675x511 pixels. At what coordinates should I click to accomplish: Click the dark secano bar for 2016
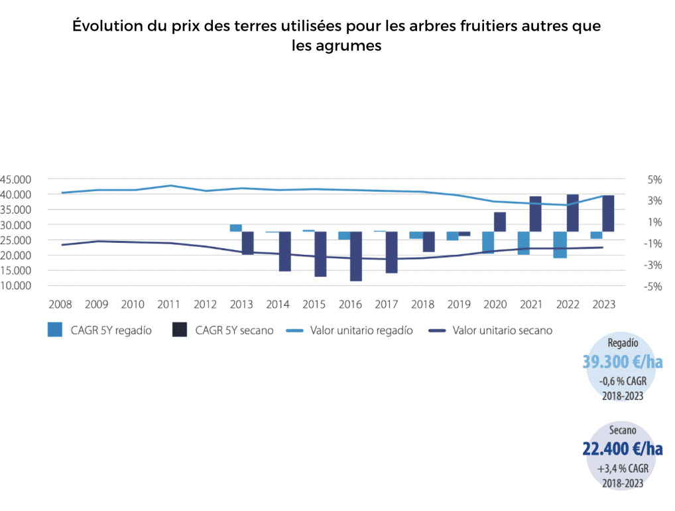tap(356, 256)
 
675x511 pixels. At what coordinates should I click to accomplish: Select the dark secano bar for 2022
tap(573, 213)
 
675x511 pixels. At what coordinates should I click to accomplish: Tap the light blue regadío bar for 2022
tap(560, 244)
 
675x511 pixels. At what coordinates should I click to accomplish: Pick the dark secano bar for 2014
tap(284, 252)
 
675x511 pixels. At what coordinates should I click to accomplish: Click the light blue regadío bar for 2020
tap(488, 242)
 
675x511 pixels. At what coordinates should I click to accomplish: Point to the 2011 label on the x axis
tap(169, 305)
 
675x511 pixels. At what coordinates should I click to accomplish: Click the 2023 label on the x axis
tap(603, 305)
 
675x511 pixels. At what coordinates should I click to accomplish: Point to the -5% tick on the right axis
tap(654, 287)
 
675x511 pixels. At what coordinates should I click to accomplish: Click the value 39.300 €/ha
tap(623, 362)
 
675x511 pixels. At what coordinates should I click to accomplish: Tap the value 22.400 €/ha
tap(623, 449)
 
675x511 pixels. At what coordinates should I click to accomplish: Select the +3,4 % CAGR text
tap(623, 469)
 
